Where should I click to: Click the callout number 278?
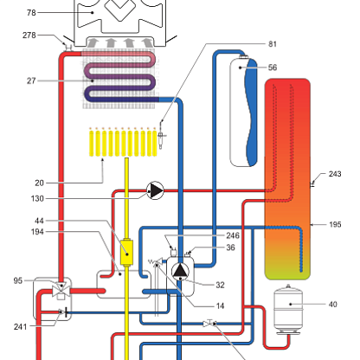29,35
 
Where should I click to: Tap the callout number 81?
273,44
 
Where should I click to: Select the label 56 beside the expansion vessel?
273,67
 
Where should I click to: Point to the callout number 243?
335,174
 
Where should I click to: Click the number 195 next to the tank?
335,224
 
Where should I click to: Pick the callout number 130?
37,198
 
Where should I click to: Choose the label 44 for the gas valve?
39,221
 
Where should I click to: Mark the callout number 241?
20,327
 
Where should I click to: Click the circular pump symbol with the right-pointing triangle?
155,190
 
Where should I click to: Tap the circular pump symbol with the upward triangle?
180,272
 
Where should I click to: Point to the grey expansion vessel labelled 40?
288,310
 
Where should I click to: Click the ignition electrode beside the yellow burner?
161,136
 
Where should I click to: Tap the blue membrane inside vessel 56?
251,112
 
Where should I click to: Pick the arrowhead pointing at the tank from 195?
312,224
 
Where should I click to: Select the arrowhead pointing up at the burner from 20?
102,160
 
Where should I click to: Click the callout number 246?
233,235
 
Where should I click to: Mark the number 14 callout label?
220,305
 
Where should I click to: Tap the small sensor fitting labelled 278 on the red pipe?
68,47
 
